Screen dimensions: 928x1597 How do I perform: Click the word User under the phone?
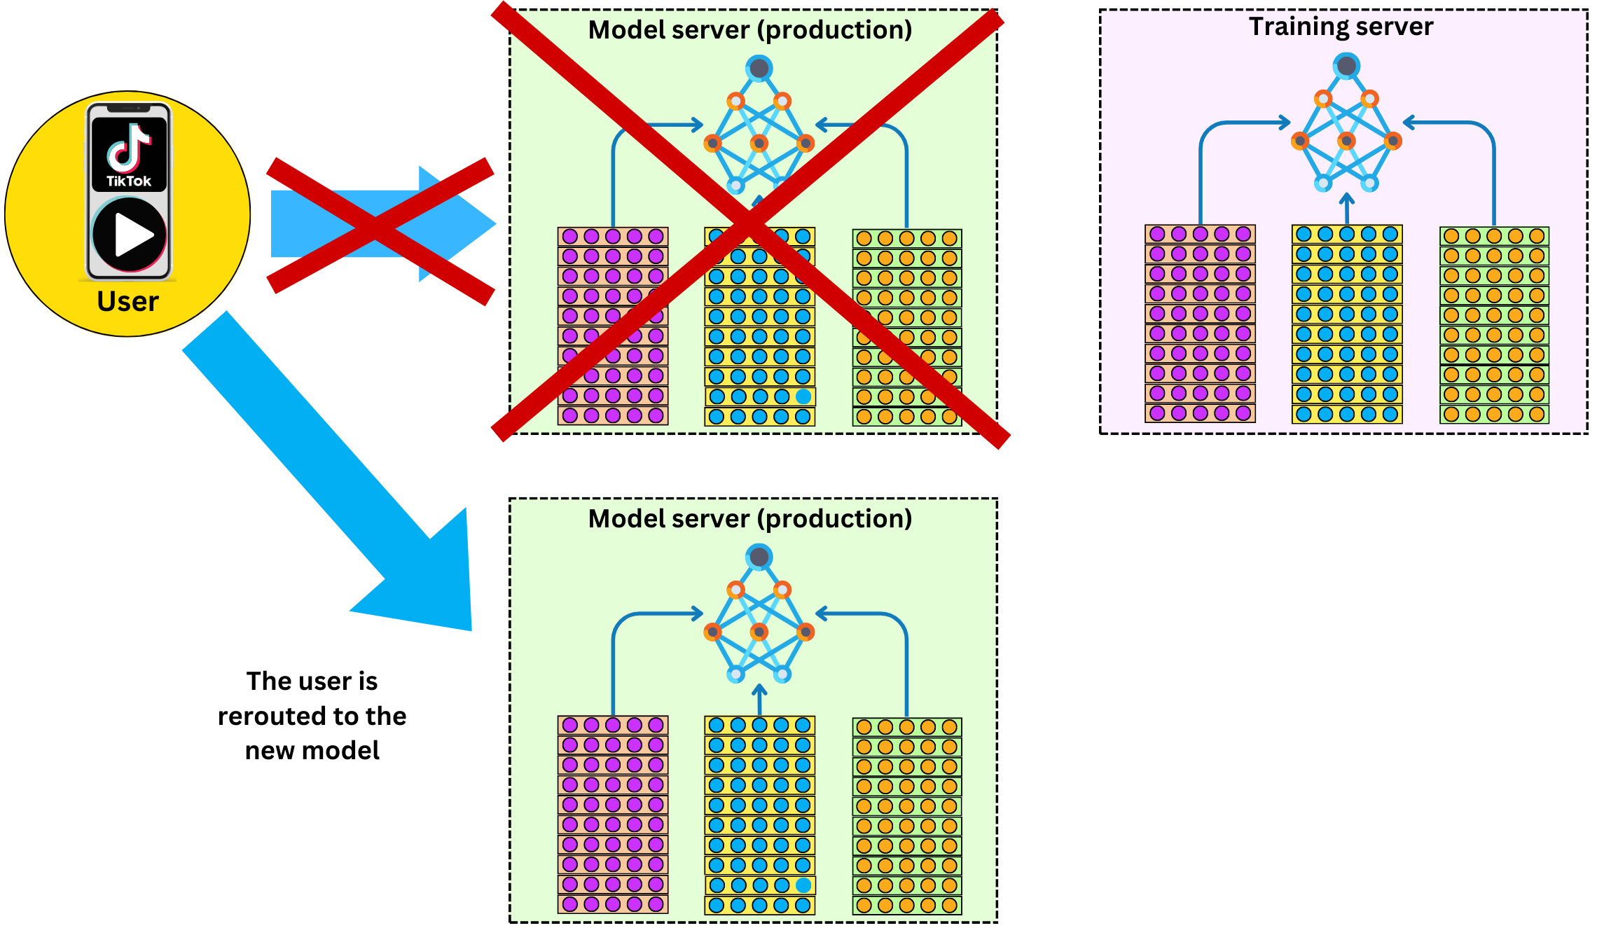coord(127,301)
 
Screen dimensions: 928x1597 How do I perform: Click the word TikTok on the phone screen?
coord(129,181)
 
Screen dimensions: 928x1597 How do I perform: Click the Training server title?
coord(1341,27)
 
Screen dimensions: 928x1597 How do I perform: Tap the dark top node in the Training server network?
coord(1346,67)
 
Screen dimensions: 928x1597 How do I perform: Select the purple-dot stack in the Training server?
coord(1200,324)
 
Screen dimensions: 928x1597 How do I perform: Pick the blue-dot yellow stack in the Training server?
coord(1347,324)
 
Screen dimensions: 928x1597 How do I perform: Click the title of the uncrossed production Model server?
coord(750,519)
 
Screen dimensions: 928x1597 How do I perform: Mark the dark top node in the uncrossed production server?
coord(759,558)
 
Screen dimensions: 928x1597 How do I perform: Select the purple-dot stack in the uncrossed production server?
coord(613,815)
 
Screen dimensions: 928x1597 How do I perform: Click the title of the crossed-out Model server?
coord(750,30)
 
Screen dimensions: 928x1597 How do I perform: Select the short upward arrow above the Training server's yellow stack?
coord(1346,207)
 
